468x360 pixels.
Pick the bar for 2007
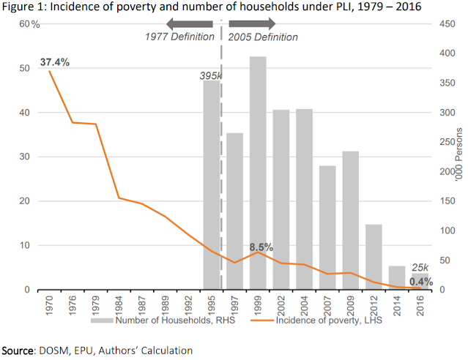(327, 228)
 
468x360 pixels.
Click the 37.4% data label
(55, 62)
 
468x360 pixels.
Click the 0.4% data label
(420, 281)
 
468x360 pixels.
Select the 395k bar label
(211, 75)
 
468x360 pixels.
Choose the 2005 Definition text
(264, 37)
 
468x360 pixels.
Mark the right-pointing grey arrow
(251, 24)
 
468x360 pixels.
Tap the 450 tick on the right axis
(436, 24)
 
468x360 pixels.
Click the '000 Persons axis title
(459, 157)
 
